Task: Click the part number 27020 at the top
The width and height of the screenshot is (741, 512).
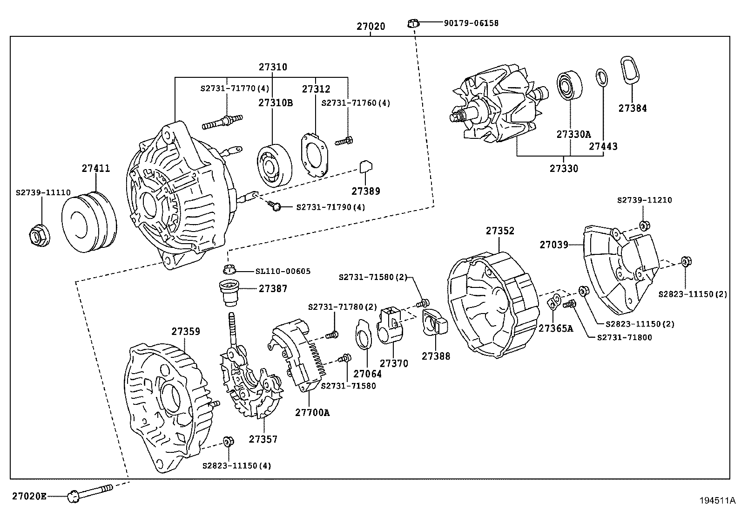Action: [x=371, y=27]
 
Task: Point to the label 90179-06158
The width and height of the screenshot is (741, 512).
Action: [x=471, y=23]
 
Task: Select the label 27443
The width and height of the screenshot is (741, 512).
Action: [x=603, y=146]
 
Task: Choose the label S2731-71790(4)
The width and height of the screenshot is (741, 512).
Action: [x=330, y=207]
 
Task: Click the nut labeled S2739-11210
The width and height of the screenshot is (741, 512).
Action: [x=644, y=226]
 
